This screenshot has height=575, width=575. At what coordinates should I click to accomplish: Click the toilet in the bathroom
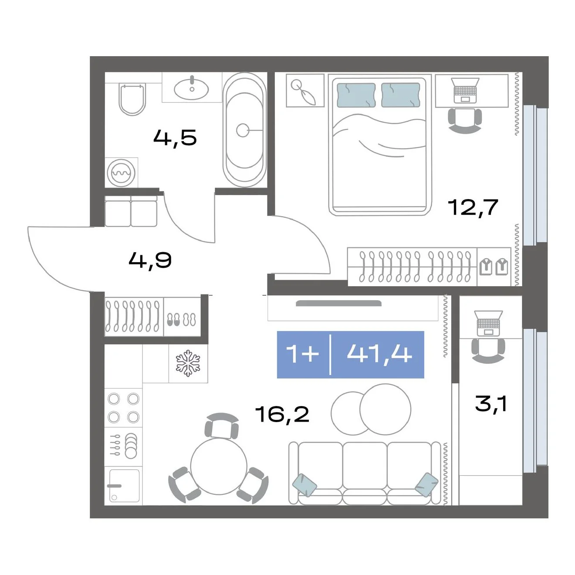(132, 99)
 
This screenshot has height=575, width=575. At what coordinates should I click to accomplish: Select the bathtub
(244, 130)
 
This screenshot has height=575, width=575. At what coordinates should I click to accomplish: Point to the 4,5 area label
(175, 138)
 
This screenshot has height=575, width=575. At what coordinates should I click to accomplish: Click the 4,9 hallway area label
(150, 260)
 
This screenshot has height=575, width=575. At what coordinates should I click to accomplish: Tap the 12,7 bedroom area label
(473, 207)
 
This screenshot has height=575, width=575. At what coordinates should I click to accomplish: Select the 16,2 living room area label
(283, 414)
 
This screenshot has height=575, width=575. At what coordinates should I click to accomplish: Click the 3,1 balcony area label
(491, 404)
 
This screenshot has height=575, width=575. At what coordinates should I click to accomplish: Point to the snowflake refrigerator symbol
(188, 363)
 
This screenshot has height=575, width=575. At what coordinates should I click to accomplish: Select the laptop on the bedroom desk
(465, 90)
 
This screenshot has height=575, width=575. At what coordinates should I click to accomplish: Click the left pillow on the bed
(356, 95)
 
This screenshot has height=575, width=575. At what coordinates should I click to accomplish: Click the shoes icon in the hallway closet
(181, 320)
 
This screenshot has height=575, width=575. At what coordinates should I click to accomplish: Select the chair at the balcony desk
(488, 351)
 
